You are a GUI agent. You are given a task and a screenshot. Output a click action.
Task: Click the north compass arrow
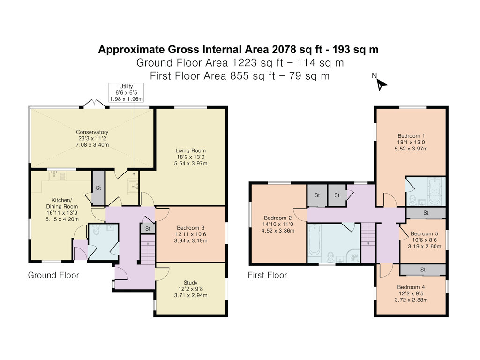[x=382, y=84]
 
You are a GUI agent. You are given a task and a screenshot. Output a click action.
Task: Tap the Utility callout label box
[x=126, y=92]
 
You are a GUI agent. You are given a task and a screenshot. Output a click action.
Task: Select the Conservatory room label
[x=92, y=138]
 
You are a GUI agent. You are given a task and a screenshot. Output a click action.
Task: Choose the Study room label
[x=190, y=289]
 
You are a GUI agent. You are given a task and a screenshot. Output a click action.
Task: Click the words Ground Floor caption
[x=53, y=275]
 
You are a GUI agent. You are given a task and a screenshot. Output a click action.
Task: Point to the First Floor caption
[x=267, y=275]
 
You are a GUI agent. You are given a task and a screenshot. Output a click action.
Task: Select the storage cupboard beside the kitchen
[x=98, y=188]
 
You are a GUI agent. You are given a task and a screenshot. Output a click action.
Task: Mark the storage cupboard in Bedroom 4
[x=422, y=270]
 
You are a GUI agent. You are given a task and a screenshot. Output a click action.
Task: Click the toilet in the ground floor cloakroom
[x=97, y=231]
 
